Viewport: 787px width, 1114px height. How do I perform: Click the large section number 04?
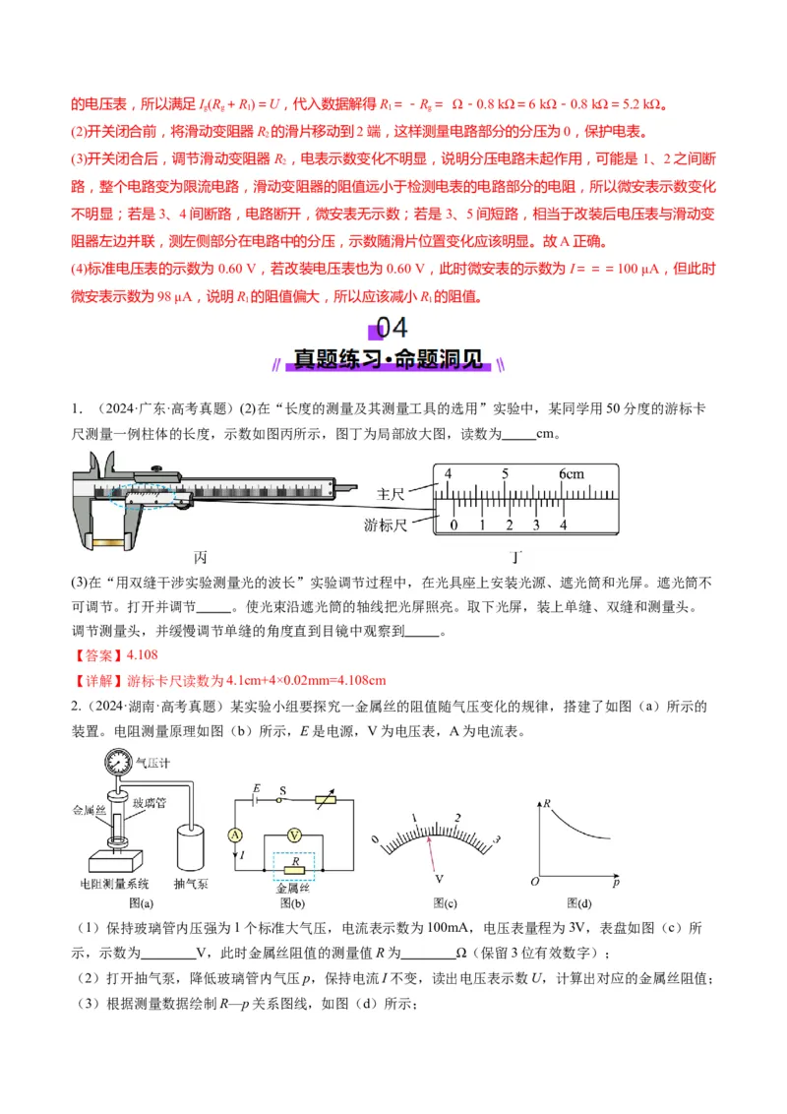tap(392, 329)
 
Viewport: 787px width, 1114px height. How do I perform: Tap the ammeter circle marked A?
tap(234, 834)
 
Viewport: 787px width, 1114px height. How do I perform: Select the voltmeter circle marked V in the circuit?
tap(293, 834)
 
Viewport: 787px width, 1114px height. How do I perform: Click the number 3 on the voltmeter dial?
tap(497, 839)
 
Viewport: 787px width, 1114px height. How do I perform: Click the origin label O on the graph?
tap(534, 881)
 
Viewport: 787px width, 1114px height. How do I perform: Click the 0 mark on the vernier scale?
tap(453, 525)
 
